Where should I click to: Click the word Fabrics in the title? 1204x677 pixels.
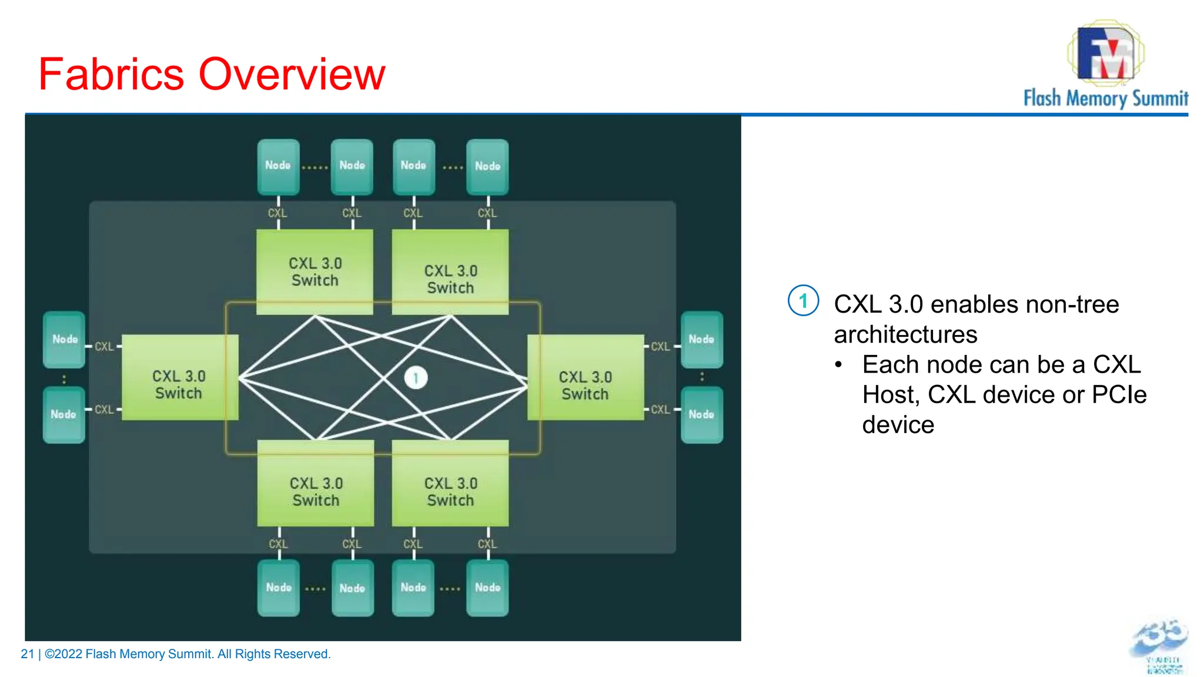tap(111, 75)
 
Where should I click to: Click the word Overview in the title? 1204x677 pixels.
tap(292, 75)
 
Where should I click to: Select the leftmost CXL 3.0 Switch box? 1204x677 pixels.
tap(179, 378)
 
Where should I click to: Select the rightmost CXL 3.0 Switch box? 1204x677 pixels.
tap(586, 378)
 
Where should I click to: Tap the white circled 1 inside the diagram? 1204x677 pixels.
tap(416, 378)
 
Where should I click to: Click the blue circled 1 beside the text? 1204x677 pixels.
tap(803, 301)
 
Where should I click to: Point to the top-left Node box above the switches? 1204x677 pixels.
tap(278, 166)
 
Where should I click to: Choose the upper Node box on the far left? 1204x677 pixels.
tap(64, 339)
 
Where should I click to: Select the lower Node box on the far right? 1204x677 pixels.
tap(701, 414)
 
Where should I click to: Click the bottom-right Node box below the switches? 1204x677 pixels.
tap(487, 587)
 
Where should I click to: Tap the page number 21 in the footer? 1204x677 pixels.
tap(27, 654)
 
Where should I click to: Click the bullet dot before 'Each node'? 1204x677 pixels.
tap(839, 365)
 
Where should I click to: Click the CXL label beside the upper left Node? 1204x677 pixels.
tap(104, 347)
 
